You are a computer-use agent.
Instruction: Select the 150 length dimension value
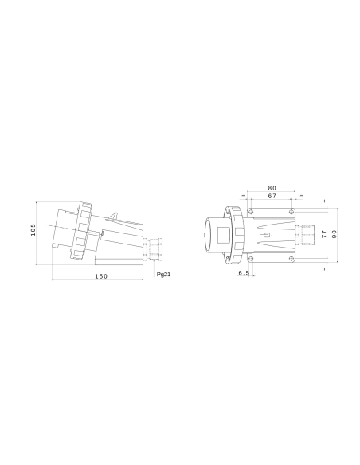[x=101, y=276]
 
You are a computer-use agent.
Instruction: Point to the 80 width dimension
[x=272, y=188]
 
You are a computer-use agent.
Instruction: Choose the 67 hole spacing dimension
[x=272, y=196]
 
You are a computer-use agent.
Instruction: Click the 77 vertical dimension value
[x=323, y=234]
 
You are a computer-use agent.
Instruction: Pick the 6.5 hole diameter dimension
[x=244, y=273]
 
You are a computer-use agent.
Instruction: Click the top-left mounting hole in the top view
[x=251, y=211]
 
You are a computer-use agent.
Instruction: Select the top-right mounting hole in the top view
[x=293, y=211]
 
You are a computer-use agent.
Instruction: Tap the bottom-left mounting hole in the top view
[x=251, y=257]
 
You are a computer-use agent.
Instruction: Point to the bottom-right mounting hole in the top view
[x=293, y=257]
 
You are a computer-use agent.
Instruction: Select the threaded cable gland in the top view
[x=306, y=234]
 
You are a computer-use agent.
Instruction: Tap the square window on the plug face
[x=237, y=234]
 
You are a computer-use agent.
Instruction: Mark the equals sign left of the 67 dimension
[x=243, y=196]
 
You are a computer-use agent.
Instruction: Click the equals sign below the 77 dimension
[x=323, y=268]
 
